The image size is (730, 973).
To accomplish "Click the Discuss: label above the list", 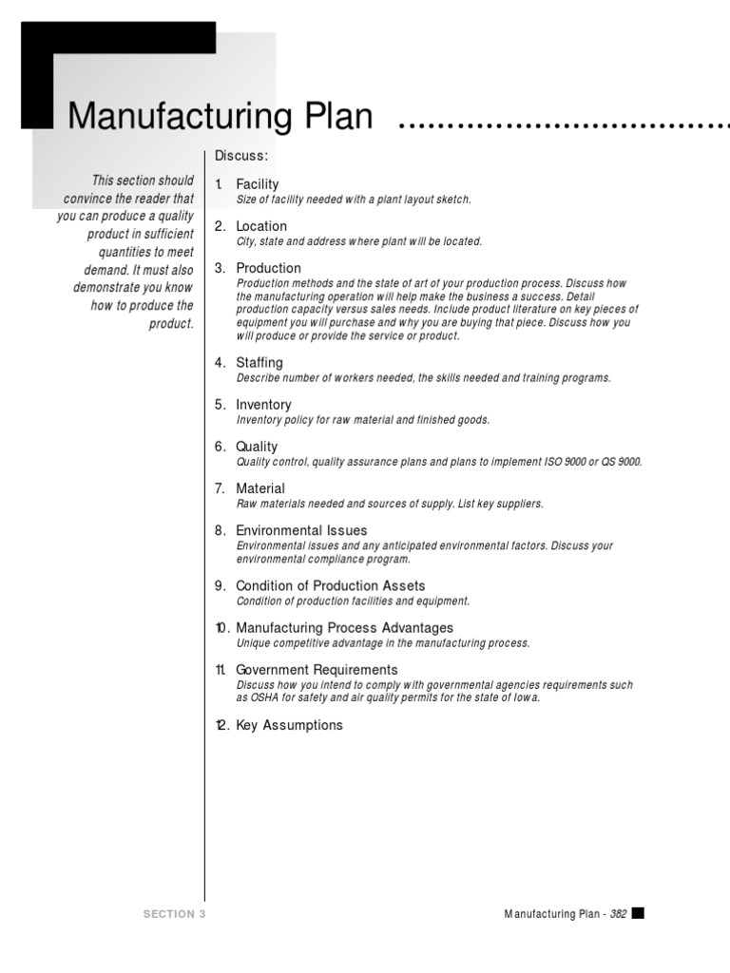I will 241,155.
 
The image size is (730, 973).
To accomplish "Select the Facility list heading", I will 258,184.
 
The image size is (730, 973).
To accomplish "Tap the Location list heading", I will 261,226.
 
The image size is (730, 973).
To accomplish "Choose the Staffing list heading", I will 259,363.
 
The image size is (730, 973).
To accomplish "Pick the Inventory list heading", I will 263,405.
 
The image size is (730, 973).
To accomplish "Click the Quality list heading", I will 257,447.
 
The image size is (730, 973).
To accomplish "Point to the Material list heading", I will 260,488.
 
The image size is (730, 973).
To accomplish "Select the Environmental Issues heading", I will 301,530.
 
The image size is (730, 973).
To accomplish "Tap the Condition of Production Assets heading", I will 330,586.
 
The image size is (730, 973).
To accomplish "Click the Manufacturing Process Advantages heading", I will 344,628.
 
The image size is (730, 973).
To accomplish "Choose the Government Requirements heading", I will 317,670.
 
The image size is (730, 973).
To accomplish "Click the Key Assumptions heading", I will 289,726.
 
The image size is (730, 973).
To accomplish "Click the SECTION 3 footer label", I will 174,914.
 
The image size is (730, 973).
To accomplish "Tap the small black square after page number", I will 638,913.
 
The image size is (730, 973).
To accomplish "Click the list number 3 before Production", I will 220,268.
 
